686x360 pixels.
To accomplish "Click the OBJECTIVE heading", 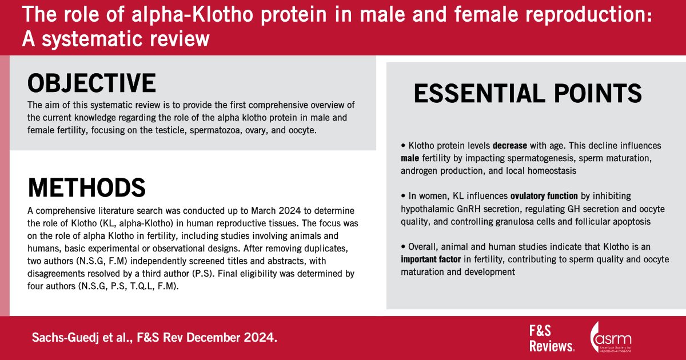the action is click(91, 83).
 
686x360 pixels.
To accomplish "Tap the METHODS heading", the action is click(87, 187).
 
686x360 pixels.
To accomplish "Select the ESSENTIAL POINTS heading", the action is click(528, 93).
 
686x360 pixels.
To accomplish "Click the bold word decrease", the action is click(509, 145).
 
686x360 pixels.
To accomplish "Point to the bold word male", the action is click(410, 158).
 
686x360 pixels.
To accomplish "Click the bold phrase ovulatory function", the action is click(544, 196).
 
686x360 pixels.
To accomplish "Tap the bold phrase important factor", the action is click(430, 259).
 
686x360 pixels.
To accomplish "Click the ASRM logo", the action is click(611, 337).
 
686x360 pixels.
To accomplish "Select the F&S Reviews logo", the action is click(552, 338).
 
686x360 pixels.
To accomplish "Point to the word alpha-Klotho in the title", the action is click(192, 14).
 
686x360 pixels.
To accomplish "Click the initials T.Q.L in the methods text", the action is click(141, 286).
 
